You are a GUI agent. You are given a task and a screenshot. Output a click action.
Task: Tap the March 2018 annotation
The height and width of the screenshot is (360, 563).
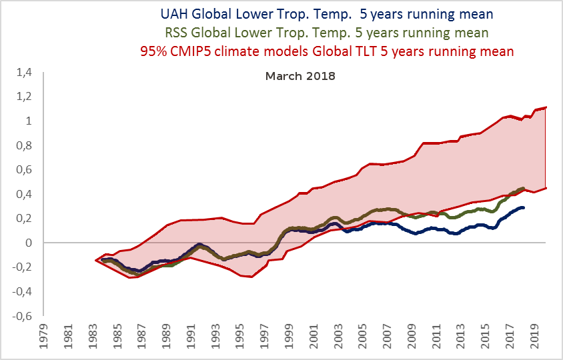(300, 76)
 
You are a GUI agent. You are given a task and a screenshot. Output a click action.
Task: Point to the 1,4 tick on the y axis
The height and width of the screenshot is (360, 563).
(25, 72)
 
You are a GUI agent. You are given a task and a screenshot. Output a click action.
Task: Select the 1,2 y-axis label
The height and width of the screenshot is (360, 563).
(25, 97)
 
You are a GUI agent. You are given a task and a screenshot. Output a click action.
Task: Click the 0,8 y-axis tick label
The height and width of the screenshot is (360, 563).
(25, 145)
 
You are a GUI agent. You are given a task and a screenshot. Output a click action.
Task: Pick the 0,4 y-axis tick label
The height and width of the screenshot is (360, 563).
(25, 194)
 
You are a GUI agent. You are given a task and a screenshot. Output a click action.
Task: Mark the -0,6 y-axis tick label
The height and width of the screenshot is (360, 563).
(23, 316)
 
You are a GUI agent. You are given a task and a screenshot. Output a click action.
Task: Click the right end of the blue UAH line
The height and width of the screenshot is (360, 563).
(524, 207)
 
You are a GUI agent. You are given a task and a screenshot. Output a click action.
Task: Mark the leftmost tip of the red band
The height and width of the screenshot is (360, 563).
(96, 260)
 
